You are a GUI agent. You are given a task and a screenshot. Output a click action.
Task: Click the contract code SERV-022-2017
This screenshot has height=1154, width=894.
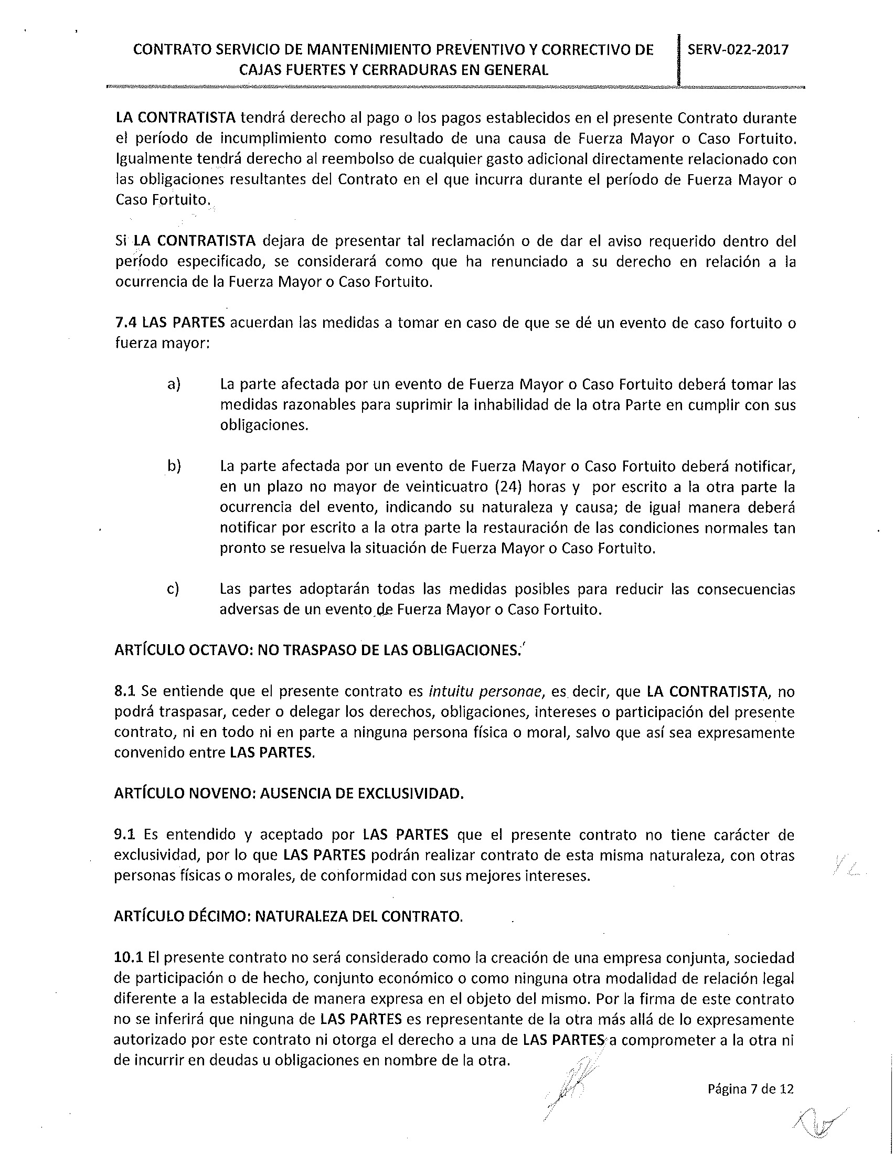pos(738,50)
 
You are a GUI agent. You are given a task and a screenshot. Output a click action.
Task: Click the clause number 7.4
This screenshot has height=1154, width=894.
pos(126,323)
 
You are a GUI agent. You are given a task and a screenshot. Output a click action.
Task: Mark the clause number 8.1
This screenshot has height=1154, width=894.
pos(125,691)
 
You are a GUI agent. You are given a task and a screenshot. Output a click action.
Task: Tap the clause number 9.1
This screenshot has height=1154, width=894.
pos(125,835)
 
